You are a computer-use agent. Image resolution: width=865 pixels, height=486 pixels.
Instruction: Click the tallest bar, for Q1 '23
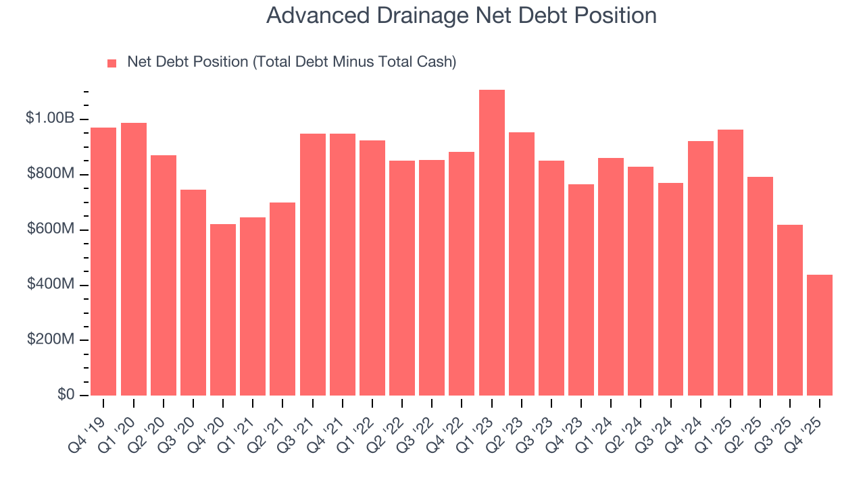point(491,243)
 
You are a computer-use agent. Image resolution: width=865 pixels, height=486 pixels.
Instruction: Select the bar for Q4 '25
point(820,335)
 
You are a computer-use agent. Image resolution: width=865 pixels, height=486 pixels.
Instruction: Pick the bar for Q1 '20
point(134,259)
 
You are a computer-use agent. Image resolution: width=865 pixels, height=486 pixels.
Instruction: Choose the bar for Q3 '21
point(313,265)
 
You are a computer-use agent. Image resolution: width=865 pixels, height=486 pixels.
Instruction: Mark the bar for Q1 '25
point(731,263)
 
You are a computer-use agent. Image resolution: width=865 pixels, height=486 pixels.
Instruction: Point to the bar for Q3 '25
point(790,310)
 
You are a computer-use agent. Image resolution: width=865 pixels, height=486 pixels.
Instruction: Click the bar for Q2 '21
point(282,299)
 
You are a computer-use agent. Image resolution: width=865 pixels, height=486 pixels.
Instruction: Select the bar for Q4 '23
point(581,290)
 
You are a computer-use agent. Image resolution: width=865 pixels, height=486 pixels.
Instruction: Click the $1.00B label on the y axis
point(50,119)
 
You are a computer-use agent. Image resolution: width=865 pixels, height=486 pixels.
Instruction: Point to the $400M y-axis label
point(51,285)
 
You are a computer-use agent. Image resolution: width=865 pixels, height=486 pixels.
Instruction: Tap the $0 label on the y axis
point(66,395)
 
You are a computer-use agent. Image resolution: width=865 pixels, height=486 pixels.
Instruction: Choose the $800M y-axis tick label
point(51,174)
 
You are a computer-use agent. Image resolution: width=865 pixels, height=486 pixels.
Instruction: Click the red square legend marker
point(112,63)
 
